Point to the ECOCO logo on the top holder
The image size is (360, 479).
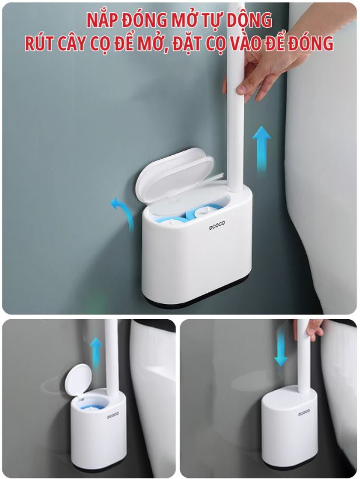216,225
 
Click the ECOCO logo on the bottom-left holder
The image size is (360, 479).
113,416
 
